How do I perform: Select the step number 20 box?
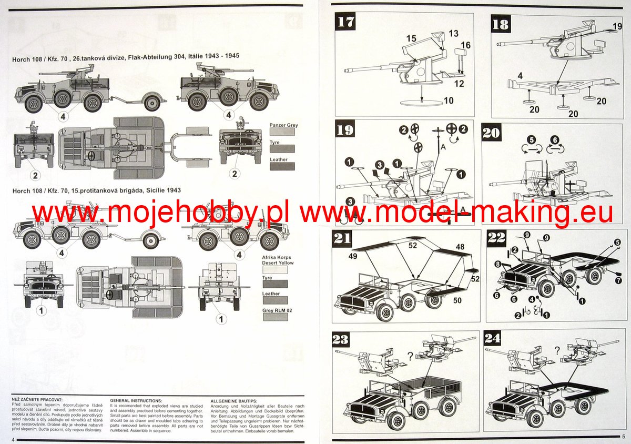491,133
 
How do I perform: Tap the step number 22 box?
497,238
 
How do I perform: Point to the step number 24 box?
495,339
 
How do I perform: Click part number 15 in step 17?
411,38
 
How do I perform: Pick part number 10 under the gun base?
448,100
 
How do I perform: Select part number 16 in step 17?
466,45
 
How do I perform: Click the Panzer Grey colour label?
283,125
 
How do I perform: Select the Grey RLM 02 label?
278,311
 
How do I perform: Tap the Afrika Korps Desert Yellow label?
278,260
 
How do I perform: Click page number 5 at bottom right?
623,437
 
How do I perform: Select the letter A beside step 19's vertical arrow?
443,149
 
